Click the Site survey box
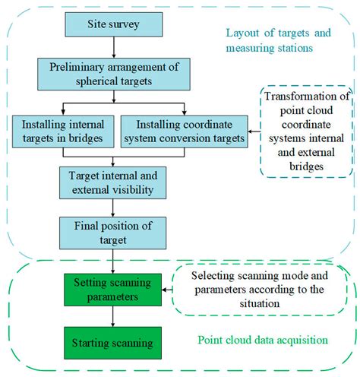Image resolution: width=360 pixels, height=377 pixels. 114,24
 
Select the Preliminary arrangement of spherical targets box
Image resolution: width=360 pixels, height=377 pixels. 114,74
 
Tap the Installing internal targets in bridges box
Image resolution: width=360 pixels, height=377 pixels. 63,131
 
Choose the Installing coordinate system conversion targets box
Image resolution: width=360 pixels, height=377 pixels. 185,131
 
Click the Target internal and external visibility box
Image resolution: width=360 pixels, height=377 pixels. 113,182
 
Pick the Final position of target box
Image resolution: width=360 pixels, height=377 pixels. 113,233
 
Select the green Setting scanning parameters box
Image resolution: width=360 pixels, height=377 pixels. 112,290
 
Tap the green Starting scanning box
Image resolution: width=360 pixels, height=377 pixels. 112,343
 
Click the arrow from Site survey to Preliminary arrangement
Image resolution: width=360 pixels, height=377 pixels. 114,47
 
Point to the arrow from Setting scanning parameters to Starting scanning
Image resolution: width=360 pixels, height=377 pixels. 113,316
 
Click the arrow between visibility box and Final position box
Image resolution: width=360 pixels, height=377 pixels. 113,208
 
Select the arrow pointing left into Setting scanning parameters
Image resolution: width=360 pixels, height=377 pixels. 167,290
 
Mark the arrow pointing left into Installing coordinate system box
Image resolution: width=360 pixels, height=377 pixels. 254,131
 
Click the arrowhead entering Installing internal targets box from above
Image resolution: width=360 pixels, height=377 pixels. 63,112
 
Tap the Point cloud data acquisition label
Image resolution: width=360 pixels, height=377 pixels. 263,340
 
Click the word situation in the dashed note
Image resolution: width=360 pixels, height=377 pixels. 260,303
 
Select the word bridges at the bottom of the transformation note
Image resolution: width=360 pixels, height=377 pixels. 307,166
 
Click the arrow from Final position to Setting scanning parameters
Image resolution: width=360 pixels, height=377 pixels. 113,261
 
